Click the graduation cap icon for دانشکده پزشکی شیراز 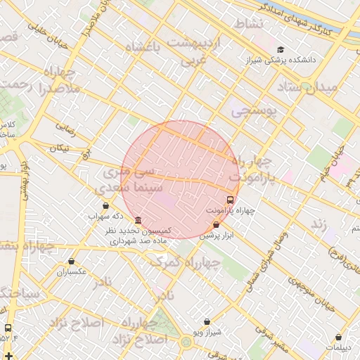(281, 49)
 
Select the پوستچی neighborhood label (254, 110)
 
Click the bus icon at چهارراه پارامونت (231, 199)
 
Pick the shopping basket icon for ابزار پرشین (216, 225)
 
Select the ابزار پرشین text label (215, 236)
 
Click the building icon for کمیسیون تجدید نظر (137, 220)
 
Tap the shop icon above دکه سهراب (105, 205)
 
